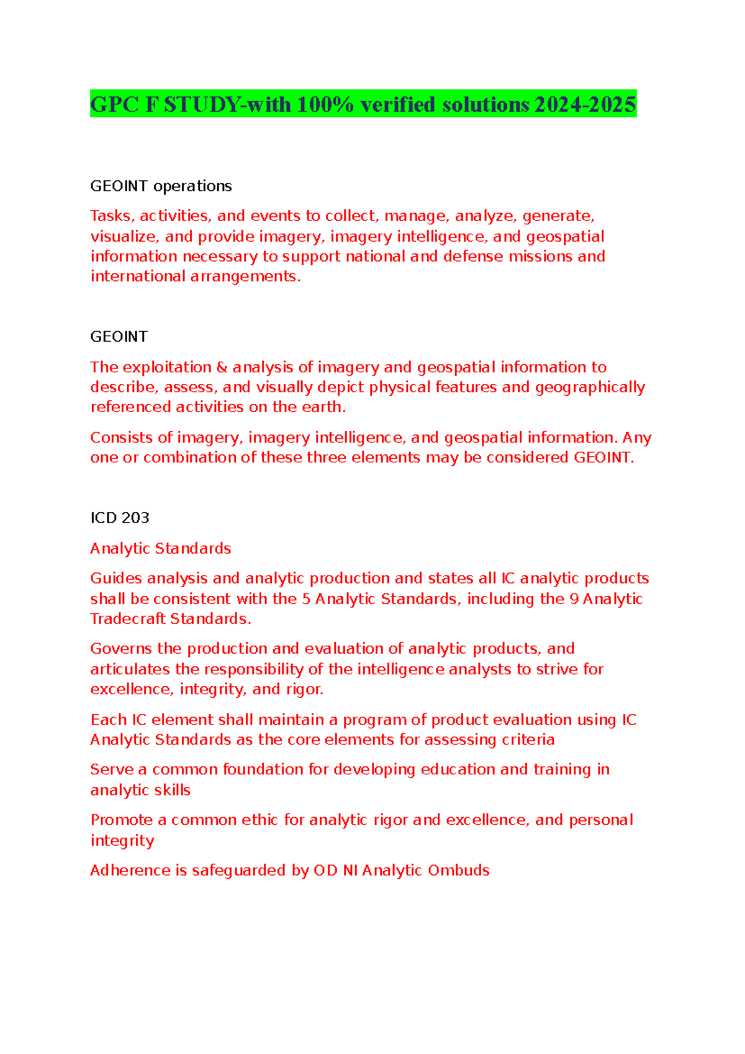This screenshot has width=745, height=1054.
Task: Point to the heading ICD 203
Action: [x=120, y=518]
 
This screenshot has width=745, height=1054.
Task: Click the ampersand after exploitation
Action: [x=222, y=367]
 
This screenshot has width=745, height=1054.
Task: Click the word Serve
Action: [x=111, y=769]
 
